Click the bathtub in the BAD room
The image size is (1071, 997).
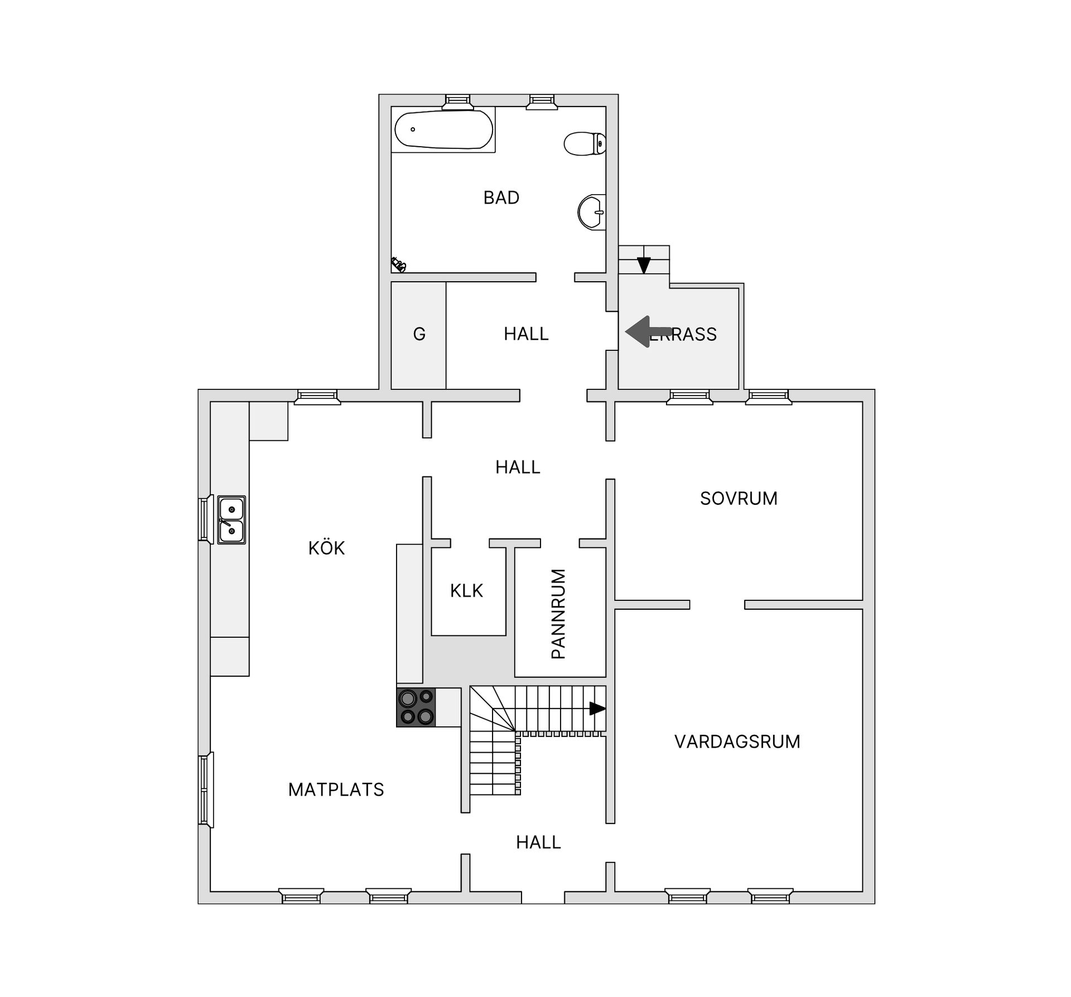click(x=443, y=129)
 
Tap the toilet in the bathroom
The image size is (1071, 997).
click(x=585, y=143)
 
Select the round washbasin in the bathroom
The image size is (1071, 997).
click(x=591, y=212)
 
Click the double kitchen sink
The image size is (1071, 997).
click(x=231, y=519)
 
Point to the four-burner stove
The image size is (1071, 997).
click(x=416, y=707)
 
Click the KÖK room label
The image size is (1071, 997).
click(x=326, y=548)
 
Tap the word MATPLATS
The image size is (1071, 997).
click(x=336, y=789)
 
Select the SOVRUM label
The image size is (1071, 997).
click(x=739, y=498)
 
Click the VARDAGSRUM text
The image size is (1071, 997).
click(x=737, y=741)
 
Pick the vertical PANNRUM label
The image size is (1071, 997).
click(x=558, y=614)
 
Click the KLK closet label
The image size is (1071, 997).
click(x=466, y=590)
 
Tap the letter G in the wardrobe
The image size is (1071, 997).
click(x=419, y=334)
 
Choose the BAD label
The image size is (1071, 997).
click(x=501, y=198)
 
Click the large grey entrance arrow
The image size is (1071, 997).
click(x=647, y=332)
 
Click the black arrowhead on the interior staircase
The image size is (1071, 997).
click(x=597, y=709)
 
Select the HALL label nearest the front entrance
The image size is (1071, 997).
click(x=538, y=842)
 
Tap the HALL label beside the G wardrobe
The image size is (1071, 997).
click(x=526, y=334)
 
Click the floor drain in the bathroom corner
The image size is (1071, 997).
click(x=398, y=264)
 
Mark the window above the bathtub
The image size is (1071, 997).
click(x=458, y=101)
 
